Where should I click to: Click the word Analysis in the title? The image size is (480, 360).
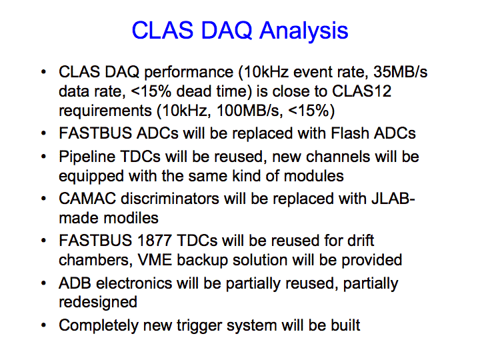[304, 31]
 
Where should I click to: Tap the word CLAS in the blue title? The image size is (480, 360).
[163, 30]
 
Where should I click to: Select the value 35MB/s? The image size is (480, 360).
[401, 72]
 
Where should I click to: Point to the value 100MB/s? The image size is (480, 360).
[248, 111]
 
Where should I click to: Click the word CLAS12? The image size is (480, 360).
[361, 91]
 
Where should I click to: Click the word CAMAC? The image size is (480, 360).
[87, 199]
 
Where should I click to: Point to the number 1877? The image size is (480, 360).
[154, 240]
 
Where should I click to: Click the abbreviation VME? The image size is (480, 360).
[155, 260]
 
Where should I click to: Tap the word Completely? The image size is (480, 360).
[99, 326]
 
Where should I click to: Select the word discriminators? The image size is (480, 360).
[170, 199]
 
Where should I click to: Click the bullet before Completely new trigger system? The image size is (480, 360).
[44, 325]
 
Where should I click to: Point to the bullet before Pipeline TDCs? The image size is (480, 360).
[44, 157]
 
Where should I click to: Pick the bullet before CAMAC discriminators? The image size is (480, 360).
[44, 199]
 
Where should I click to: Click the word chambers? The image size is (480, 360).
[95, 261]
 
